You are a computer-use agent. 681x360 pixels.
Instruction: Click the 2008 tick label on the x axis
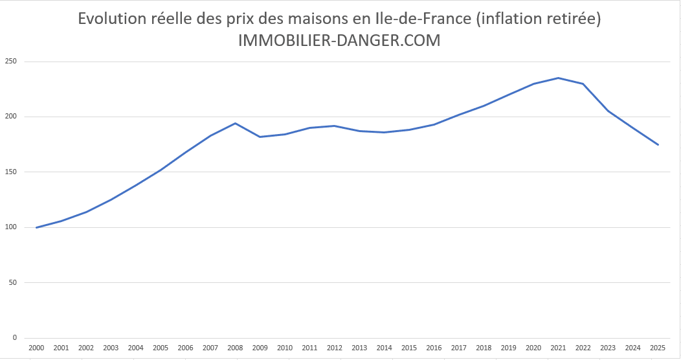tap(235, 348)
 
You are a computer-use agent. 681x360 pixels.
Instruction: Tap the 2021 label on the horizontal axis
tap(558, 348)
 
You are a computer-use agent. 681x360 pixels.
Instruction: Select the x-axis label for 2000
tap(36, 348)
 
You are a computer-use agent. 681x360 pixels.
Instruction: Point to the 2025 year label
tap(658, 348)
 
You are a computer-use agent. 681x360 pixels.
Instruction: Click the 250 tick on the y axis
tap(10, 62)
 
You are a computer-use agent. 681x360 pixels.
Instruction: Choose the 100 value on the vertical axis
tap(10, 227)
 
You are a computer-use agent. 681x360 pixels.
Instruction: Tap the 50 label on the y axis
tap(12, 282)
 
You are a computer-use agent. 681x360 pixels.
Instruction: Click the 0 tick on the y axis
tap(14, 337)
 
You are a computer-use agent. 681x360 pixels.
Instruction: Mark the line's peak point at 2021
tap(558, 78)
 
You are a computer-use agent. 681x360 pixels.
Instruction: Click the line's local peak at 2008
tap(235, 123)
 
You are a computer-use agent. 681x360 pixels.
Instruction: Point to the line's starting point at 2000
tap(36, 227)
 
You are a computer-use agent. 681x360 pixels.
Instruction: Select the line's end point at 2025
tap(658, 144)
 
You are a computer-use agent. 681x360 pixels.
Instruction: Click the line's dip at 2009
tap(260, 137)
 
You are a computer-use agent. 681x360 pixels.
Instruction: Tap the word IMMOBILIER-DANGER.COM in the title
tap(339, 40)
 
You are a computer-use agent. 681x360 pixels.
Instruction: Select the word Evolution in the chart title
tap(108, 19)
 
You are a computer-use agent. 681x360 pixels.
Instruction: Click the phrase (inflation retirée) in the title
tap(539, 19)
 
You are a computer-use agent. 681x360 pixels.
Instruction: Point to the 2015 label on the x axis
tap(409, 348)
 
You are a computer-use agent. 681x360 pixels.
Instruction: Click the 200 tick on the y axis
tap(10, 117)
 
